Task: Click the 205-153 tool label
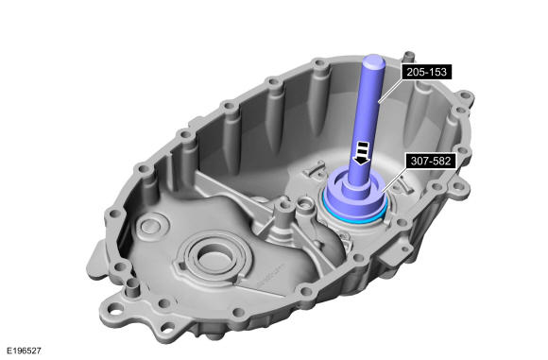pos(426,72)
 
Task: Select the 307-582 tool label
pos(431,162)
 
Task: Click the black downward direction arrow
pos(361,153)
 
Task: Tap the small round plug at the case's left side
pos(153,226)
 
